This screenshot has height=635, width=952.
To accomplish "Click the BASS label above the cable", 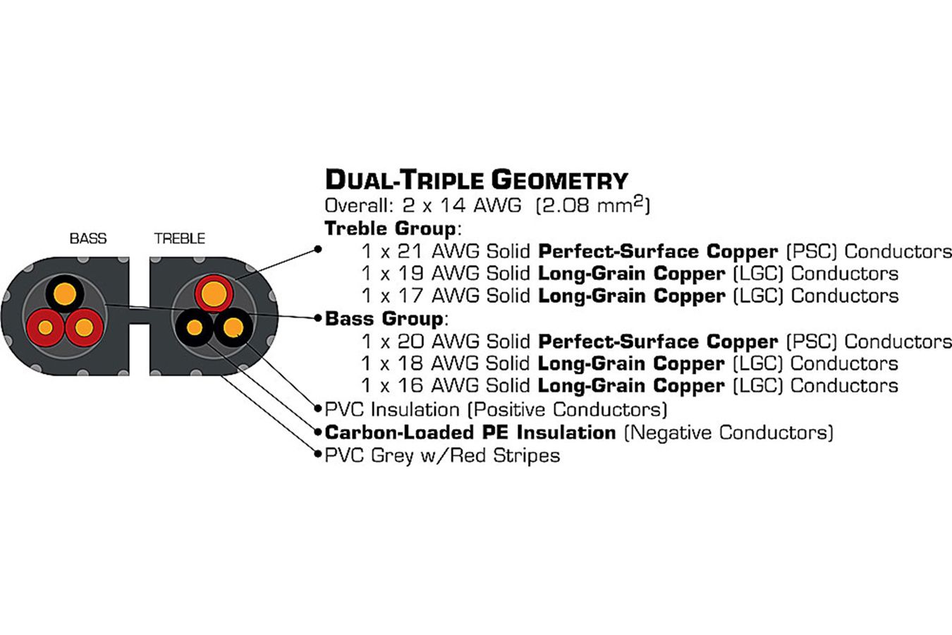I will point(88,238).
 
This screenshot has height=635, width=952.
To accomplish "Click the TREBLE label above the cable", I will point(179,238).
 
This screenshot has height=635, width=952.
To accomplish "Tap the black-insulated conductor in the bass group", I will point(65,294).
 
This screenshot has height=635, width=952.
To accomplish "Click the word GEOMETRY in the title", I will point(559,180).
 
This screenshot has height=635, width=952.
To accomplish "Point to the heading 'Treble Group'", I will point(390,229).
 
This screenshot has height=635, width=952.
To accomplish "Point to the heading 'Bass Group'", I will point(384,318).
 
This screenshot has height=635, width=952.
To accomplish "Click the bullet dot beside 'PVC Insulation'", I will point(318,409).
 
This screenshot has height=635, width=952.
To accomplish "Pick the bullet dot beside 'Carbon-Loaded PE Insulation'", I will point(318,432).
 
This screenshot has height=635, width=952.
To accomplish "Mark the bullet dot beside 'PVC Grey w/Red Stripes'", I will point(318,455).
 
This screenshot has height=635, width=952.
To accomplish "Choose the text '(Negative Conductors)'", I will point(728,432).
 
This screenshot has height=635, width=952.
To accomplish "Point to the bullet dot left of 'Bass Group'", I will point(318,318).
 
